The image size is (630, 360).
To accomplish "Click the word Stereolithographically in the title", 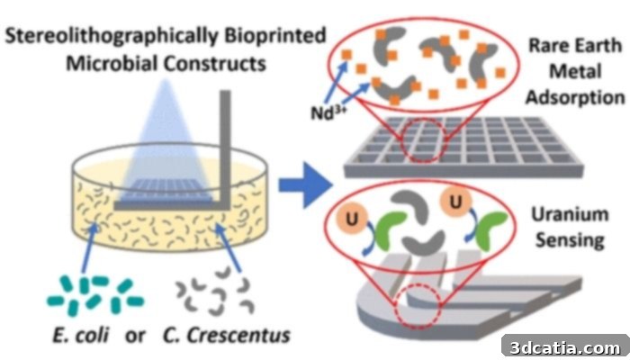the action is click(x=112, y=37).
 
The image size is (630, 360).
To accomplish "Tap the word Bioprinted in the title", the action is click(x=275, y=36).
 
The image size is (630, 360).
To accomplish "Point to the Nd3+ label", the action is click(x=328, y=113).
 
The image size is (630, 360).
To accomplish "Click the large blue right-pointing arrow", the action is click(x=306, y=185).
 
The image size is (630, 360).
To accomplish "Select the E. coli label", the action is click(x=81, y=335).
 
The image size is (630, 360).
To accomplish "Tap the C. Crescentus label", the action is click(x=226, y=335).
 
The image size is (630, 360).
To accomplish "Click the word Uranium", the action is click(x=570, y=214).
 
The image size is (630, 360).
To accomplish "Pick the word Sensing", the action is click(x=570, y=240).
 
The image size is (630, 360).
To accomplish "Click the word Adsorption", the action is click(x=575, y=97).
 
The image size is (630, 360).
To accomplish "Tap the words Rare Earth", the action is click(x=575, y=45).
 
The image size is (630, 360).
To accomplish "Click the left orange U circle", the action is click(x=352, y=220).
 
